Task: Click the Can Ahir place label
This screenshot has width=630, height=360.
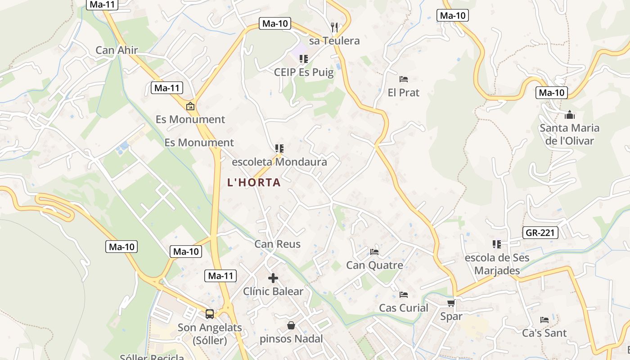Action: (x=117, y=50)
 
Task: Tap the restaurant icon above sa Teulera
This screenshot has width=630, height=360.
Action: (x=334, y=27)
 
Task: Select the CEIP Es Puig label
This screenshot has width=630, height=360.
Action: (x=304, y=72)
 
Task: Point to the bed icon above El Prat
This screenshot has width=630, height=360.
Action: (x=404, y=79)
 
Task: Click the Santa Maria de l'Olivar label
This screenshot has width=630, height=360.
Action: (x=569, y=134)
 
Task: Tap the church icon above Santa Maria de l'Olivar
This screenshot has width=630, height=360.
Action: (x=570, y=115)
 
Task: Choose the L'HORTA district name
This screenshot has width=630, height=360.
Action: (x=254, y=182)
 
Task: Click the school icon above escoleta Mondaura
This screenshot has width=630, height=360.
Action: (x=279, y=148)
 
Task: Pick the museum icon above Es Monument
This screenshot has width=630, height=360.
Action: (x=190, y=107)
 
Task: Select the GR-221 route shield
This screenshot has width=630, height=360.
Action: (x=540, y=233)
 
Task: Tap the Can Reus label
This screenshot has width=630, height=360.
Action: (x=277, y=244)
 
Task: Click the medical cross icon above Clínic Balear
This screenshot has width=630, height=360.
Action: (x=273, y=278)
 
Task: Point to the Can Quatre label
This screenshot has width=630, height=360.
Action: (x=374, y=265)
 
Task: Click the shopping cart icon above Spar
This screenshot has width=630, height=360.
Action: (x=451, y=303)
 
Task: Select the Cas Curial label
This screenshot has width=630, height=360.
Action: (x=404, y=308)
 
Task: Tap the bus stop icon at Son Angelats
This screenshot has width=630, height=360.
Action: (x=210, y=314)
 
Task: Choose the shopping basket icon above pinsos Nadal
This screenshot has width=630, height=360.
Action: (x=291, y=325)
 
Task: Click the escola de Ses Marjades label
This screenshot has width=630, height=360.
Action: (x=497, y=264)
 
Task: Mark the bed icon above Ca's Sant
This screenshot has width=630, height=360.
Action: (x=544, y=320)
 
